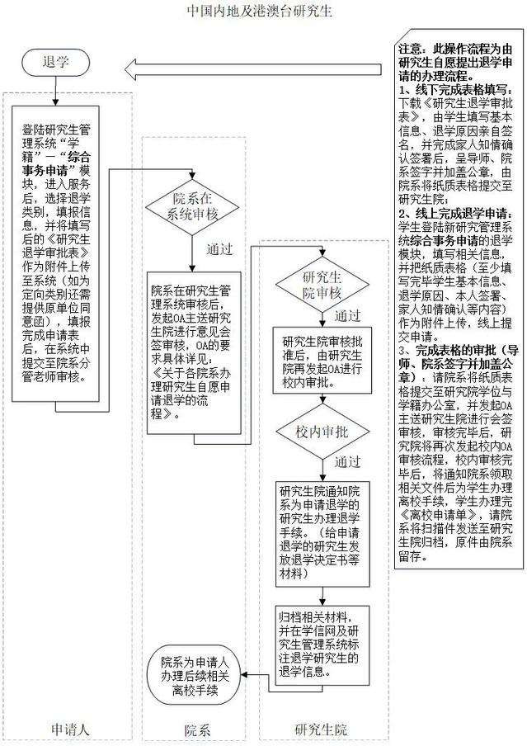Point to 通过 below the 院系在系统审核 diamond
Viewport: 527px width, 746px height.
[x=219, y=249]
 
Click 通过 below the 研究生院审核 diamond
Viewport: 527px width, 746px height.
[x=349, y=316]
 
